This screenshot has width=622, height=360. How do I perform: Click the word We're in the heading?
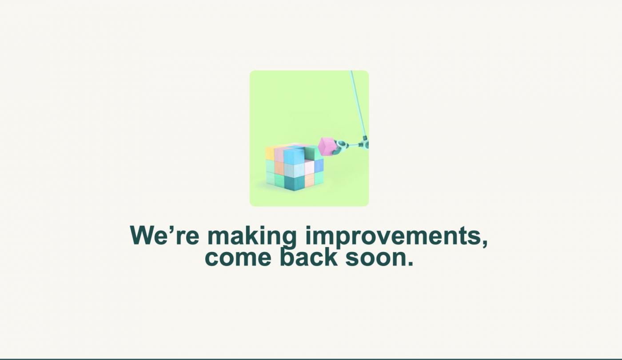pyautogui.click(x=164, y=235)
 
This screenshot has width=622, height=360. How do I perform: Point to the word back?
pyautogui.click(x=308, y=256)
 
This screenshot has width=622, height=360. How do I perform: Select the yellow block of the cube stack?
pyautogui.click(x=270, y=153)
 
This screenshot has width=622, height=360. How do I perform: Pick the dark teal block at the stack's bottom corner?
pyautogui.click(x=294, y=183)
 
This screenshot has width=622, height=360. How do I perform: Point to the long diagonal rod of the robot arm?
pyautogui.click(x=358, y=103)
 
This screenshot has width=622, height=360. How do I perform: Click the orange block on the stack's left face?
pyautogui.click(x=279, y=167)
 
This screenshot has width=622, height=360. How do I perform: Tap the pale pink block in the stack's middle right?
pyautogui.click(x=309, y=167)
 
